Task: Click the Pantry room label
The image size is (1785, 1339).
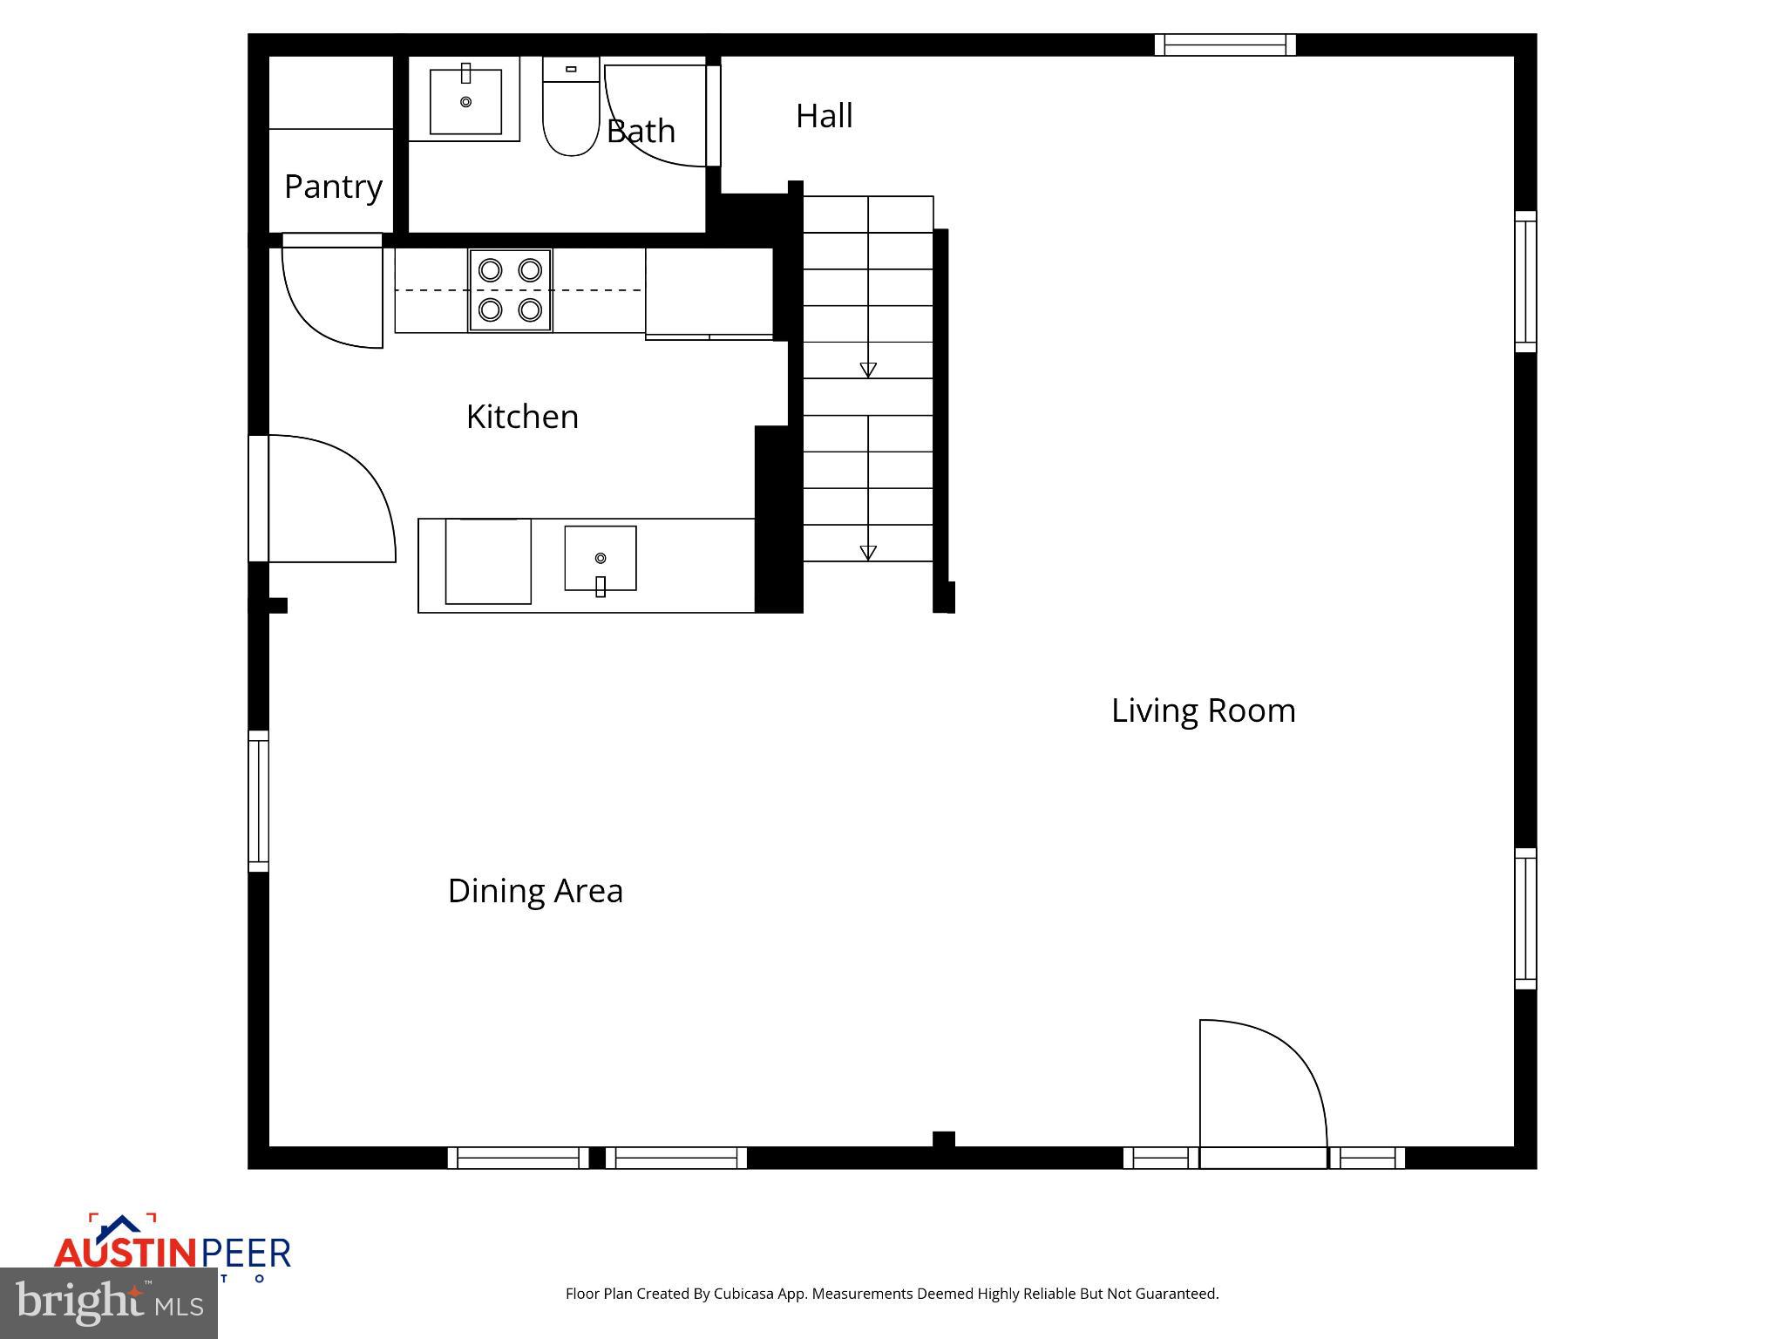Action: pyautogui.click(x=333, y=187)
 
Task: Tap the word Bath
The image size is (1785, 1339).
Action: pyautogui.click(x=641, y=132)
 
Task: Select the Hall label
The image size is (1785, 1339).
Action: pyautogui.click(x=824, y=116)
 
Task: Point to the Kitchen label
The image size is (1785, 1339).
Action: pyautogui.click(x=522, y=417)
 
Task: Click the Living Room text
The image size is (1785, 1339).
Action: pyautogui.click(x=1203, y=710)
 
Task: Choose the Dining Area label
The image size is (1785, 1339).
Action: pyautogui.click(x=535, y=891)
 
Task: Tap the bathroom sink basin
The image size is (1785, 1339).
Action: pyautogui.click(x=465, y=101)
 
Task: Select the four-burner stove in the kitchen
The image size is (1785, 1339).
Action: pyautogui.click(x=510, y=290)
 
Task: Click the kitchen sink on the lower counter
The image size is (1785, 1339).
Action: pyautogui.click(x=600, y=559)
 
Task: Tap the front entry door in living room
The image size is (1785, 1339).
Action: pyautogui.click(x=1264, y=1090)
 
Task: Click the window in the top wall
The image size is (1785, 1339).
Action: pyautogui.click(x=1225, y=44)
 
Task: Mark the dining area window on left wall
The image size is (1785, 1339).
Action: pyautogui.click(x=259, y=800)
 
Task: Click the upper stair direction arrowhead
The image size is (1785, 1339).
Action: pyautogui.click(x=868, y=370)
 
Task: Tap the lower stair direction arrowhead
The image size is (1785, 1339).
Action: pyautogui.click(x=868, y=553)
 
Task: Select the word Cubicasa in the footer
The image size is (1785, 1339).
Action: pyautogui.click(x=746, y=1294)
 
